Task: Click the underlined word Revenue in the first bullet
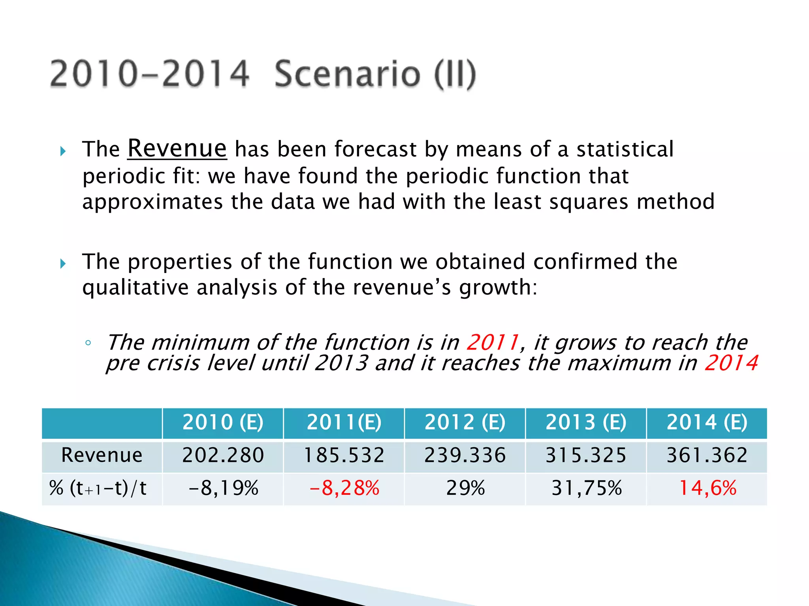(177, 149)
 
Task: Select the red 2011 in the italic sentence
(493, 342)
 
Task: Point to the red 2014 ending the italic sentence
(731, 363)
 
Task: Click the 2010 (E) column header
(223, 423)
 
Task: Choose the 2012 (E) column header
(465, 423)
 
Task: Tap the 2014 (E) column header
(707, 423)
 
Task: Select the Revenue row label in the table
(102, 455)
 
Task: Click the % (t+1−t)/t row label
(98, 488)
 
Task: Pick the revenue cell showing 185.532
(344, 455)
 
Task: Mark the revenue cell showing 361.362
(707, 455)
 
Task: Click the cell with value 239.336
(465, 455)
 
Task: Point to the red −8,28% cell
(344, 488)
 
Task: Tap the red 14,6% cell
(707, 488)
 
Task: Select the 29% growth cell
(465, 488)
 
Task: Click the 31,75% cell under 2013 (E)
(586, 488)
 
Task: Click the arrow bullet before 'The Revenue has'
(63, 151)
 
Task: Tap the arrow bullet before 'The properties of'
(63, 264)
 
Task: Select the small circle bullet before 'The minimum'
(88, 343)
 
